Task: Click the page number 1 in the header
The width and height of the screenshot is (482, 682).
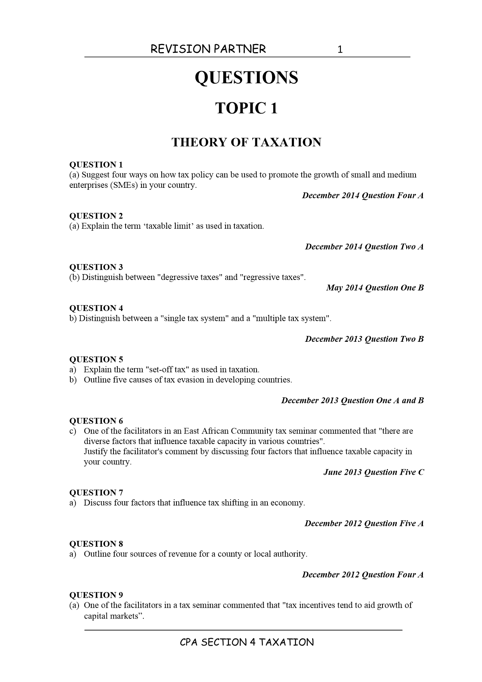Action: [340, 49]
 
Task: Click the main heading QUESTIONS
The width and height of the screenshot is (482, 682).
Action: [246, 77]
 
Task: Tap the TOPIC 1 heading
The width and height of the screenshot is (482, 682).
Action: [246, 108]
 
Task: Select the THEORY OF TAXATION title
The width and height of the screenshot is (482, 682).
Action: [246, 142]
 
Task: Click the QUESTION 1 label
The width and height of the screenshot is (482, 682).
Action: [96, 164]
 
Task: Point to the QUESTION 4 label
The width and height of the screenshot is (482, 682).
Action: [96, 308]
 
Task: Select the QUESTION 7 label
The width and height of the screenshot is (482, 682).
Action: [96, 493]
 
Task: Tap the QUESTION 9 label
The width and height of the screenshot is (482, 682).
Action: [96, 595]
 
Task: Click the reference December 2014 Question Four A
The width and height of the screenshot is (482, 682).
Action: [363, 196]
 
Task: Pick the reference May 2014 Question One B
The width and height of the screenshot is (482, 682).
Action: [375, 288]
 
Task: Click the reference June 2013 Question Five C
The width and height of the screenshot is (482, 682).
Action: [374, 472]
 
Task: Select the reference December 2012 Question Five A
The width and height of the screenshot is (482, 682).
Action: [364, 523]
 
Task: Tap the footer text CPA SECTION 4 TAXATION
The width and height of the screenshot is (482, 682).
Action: [246, 642]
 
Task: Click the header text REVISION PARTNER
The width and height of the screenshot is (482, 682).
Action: [208, 49]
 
